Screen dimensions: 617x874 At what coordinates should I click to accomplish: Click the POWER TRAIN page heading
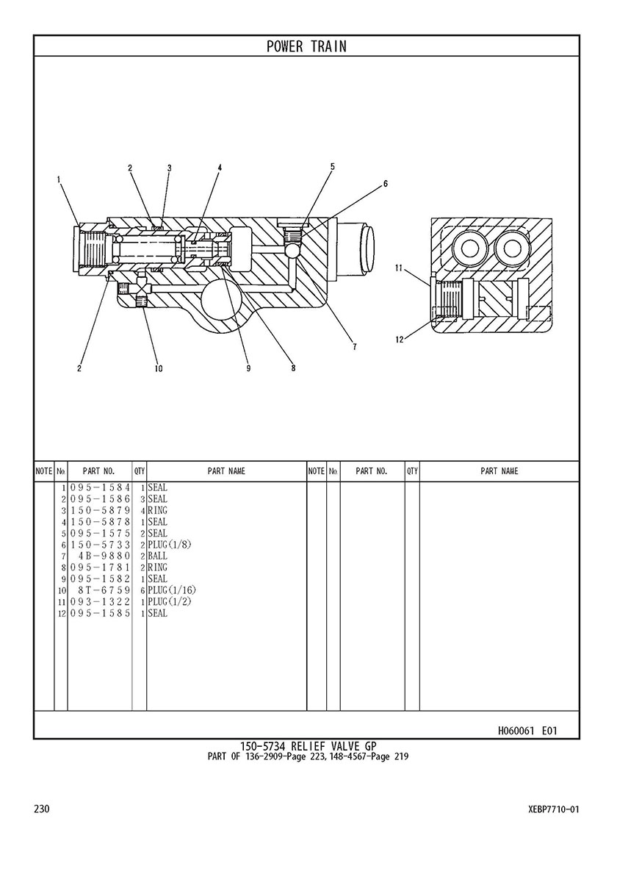pos(306,46)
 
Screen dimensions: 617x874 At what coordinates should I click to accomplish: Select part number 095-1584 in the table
pos(100,488)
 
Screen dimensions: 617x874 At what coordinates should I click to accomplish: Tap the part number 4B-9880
pos(104,556)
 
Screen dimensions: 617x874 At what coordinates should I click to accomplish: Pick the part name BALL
pos(158,556)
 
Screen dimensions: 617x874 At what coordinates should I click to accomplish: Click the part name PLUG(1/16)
pos(172,590)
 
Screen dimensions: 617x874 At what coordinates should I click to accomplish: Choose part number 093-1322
pos(100,601)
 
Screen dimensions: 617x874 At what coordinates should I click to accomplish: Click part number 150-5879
pos(100,511)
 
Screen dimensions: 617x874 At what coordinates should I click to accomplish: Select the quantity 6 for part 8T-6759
pos(142,590)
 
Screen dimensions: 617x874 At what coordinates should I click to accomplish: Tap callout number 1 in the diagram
pos(59,179)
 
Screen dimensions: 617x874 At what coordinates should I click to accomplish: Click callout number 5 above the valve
pos(333,166)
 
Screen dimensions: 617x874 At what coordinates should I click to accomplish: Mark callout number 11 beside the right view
pos(399,268)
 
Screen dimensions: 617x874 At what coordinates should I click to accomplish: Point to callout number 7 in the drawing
pos(355,347)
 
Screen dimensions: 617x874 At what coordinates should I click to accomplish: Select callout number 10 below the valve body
pos(159,368)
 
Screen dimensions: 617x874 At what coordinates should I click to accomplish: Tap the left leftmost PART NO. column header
pos(99,472)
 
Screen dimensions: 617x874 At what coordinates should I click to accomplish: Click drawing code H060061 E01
pos(527,731)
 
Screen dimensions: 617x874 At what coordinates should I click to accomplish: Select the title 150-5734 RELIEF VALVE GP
pos(308,746)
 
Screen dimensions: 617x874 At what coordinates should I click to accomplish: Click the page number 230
pos(42,809)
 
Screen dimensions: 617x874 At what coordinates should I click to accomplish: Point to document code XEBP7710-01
pos(554,809)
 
